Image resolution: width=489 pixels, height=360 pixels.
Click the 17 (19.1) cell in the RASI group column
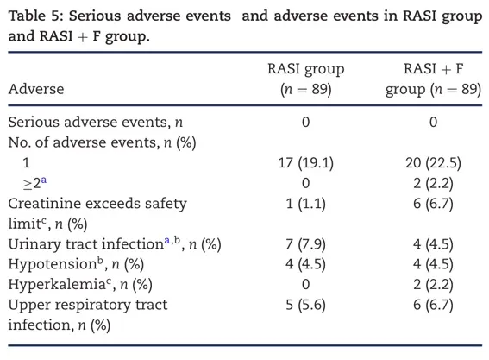(x=305, y=162)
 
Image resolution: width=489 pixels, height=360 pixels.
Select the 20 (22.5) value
(x=433, y=162)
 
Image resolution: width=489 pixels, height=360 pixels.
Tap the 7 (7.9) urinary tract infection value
(x=305, y=243)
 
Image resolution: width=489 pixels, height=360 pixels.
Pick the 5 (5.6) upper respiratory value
(x=305, y=305)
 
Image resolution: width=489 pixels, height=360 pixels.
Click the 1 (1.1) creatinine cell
(x=305, y=204)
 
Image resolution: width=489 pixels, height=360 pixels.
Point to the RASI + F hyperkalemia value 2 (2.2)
(x=433, y=284)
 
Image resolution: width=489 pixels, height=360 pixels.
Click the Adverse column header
(x=36, y=89)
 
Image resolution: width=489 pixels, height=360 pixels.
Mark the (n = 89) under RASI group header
(x=305, y=89)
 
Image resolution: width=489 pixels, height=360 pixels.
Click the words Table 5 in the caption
(x=36, y=16)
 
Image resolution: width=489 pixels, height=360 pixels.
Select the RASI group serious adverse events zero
(x=305, y=122)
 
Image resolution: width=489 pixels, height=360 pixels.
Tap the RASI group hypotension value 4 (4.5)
(x=305, y=264)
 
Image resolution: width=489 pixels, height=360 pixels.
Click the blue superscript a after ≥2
(x=44, y=180)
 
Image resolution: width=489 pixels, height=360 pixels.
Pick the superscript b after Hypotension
(x=100, y=260)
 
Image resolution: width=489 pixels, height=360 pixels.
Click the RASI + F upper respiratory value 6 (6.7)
(x=433, y=305)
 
